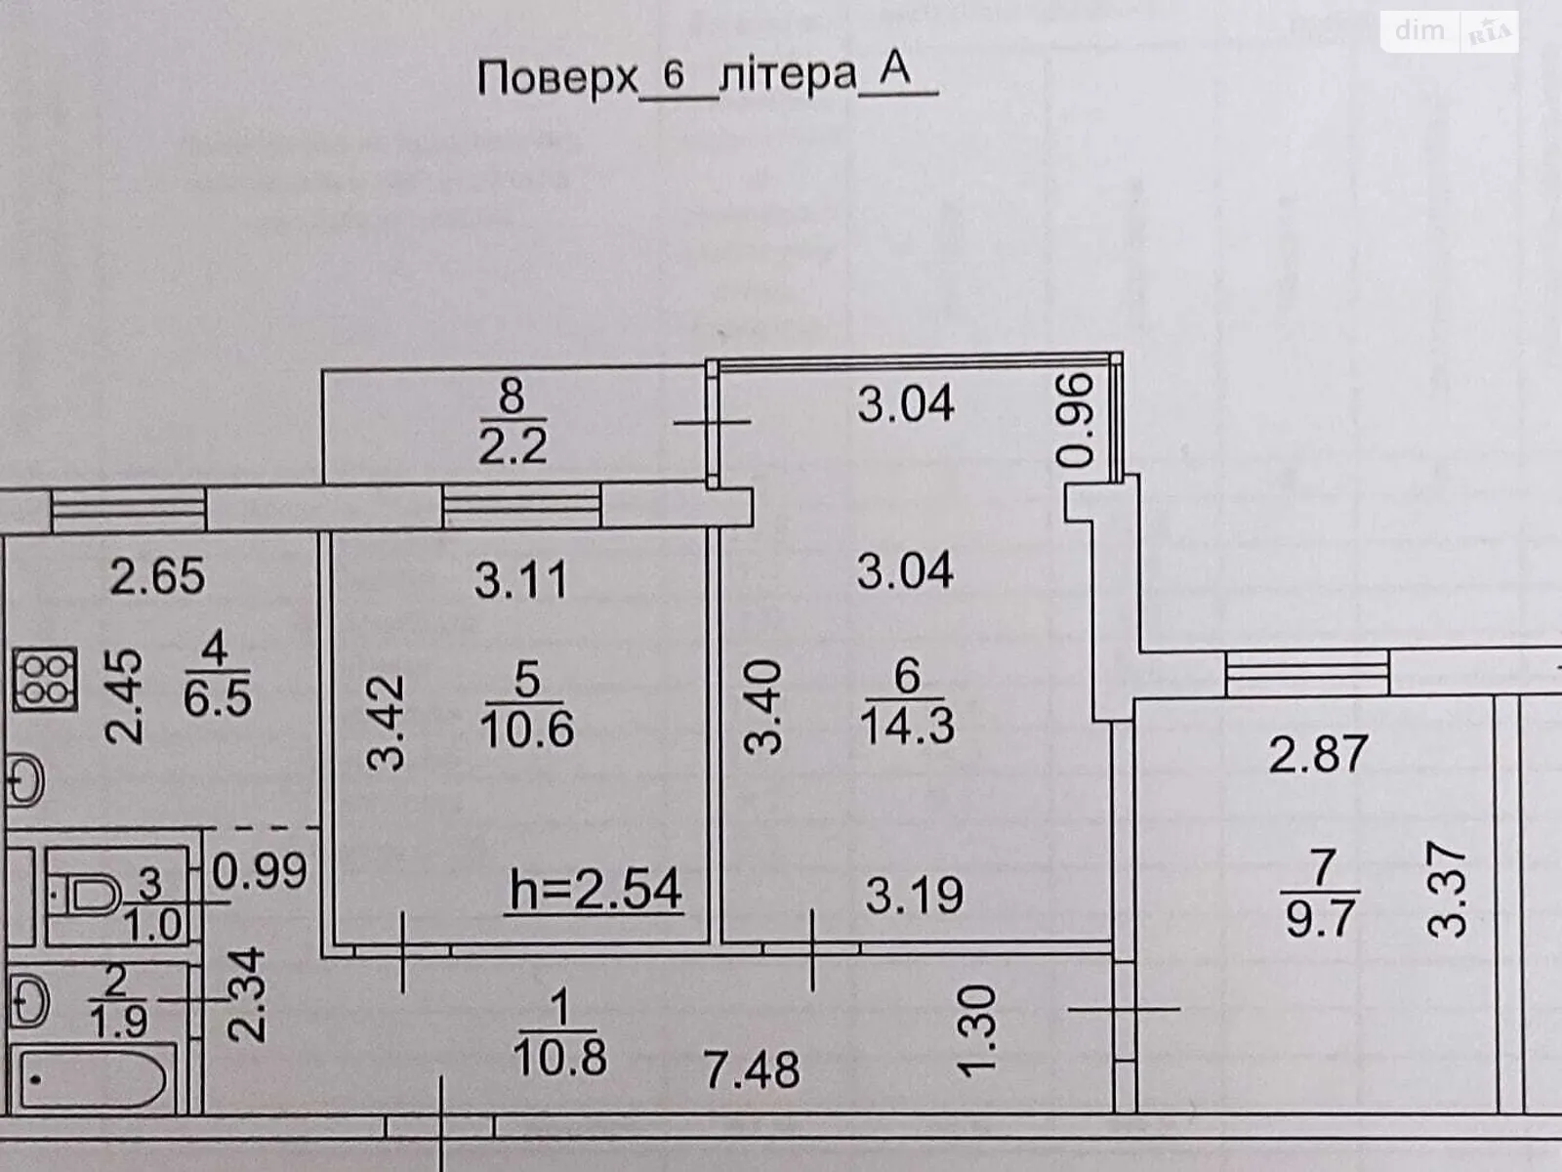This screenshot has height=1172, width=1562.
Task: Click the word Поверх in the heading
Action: point(557,77)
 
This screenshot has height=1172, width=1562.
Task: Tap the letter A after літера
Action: point(894,69)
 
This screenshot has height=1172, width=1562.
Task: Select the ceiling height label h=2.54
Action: point(596,890)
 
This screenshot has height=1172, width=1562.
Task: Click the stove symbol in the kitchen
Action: point(45,680)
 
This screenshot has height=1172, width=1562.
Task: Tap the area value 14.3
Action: point(907,727)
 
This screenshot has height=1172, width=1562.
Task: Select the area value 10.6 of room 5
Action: point(526,730)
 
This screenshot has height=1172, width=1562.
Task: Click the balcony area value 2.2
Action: point(513,447)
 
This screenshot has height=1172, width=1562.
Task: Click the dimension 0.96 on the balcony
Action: point(1074,421)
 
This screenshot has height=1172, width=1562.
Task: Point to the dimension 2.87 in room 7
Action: point(1318,754)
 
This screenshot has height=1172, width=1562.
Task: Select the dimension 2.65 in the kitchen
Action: point(157,575)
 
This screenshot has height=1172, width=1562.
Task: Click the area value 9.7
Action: point(1320,919)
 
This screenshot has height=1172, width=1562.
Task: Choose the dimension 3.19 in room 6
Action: point(915,896)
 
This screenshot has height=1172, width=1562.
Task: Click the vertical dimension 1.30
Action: point(976,1031)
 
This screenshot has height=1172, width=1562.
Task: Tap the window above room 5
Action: point(521,506)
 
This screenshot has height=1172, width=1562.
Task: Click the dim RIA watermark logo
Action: point(1451,31)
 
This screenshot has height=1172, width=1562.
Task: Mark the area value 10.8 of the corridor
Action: point(560,1058)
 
